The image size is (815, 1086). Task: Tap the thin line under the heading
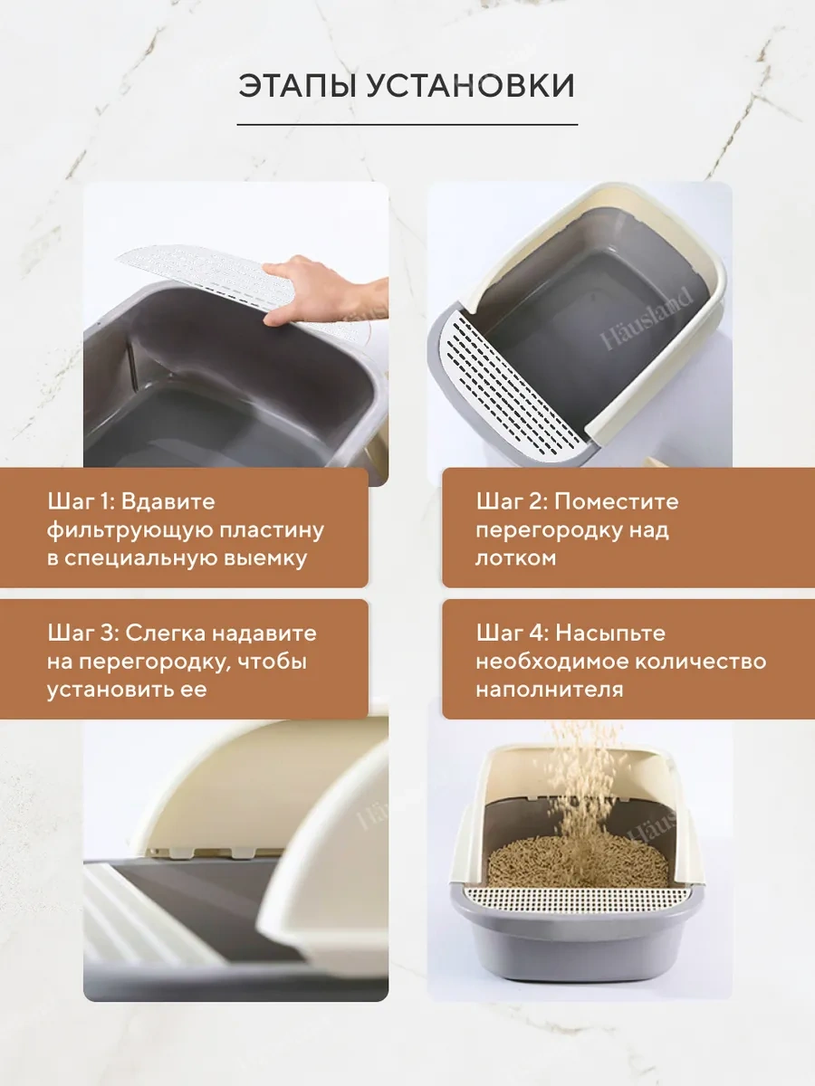coord(407,124)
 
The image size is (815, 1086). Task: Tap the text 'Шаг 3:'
coord(82,633)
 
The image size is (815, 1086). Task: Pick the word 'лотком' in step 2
coord(515,557)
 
